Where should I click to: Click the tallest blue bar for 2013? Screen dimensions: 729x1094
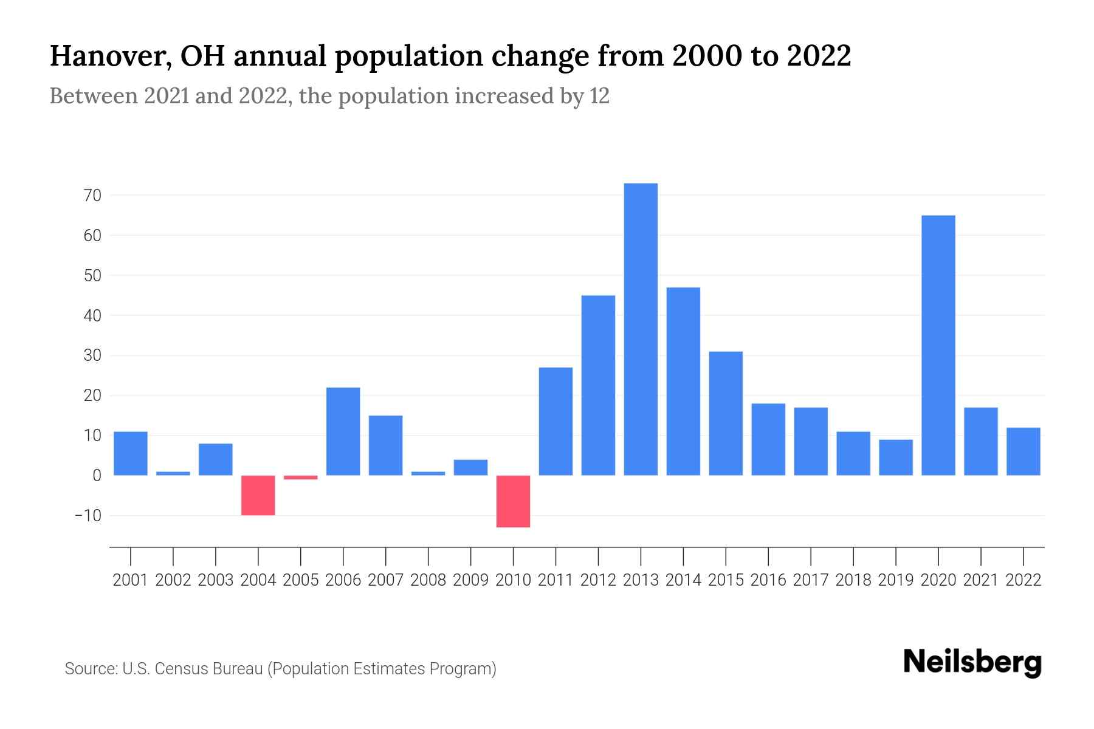641,329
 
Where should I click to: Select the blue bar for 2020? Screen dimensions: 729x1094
938,345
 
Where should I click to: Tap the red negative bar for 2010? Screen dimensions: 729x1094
513,501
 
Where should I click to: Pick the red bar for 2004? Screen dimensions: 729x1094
258,495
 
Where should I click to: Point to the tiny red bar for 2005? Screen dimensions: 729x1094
301,477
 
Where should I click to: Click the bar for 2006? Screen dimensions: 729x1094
343,431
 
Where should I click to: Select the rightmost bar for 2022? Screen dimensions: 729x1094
1023,451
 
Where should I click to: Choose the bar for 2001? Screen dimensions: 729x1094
131,453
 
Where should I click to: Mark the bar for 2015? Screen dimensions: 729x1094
726,413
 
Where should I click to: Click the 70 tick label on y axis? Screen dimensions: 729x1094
93,196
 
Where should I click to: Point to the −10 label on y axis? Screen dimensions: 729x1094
88,516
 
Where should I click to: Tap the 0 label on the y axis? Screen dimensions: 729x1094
97,476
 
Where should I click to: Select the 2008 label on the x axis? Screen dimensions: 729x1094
428,580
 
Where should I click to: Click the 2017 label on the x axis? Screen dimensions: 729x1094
811,580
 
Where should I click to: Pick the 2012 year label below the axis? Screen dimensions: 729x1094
598,580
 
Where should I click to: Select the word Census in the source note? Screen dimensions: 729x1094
180,669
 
